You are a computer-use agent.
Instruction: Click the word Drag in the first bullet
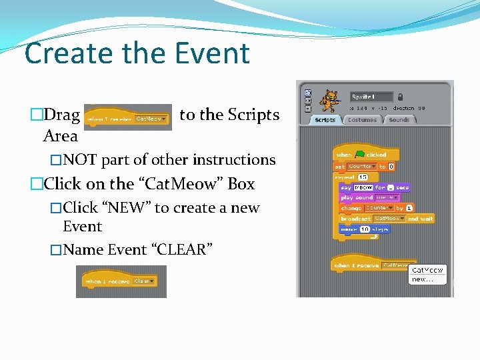click(61, 115)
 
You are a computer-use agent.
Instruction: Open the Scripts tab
click(325, 120)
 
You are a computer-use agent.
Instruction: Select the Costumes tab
click(362, 120)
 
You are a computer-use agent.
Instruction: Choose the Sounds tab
click(399, 120)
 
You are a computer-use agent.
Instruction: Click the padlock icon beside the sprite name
click(400, 97)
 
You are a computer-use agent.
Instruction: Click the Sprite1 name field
click(371, 97)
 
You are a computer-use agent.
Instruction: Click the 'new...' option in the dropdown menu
click(422, 279)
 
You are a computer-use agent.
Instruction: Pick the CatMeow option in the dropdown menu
click(427, 270)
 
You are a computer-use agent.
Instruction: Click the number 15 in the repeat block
click(363, 177)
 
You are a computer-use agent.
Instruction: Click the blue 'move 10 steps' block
click(364, 229)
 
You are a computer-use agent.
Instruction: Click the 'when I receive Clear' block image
click(121, 281)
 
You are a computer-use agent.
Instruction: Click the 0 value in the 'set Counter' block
click(391, 166)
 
